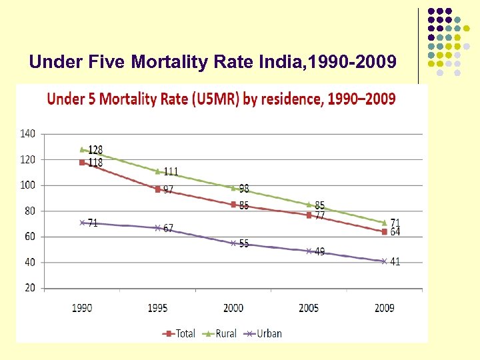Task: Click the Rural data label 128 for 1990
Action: [95, 150]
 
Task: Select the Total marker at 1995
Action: [158, 189]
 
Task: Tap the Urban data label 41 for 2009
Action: [395, 262]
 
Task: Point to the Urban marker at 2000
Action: [233, 243]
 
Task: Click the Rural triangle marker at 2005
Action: [309, 205]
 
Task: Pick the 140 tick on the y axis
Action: [28, 134]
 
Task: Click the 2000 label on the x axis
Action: [233, 308]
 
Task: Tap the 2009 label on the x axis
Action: [384, 308]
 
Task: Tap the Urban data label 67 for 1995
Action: [169, 228]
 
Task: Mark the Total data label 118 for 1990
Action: [95, 163]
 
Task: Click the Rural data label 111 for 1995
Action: [171, 172]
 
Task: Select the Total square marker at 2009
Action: [384, 232]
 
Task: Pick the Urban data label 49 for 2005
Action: [320, 252]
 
